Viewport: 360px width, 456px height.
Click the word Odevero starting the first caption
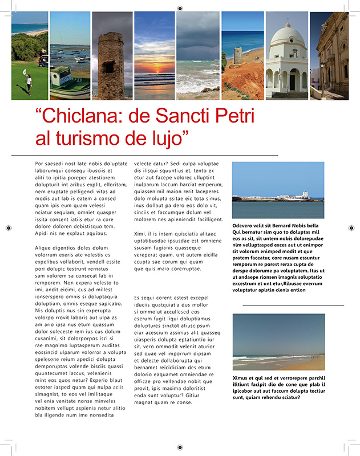[245, 225]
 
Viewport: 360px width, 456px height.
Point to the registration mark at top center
[180, 8]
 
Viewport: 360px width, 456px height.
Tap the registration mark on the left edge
[8, 228]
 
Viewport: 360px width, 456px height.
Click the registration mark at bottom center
[180, 447]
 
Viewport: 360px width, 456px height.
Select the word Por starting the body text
[40, 164]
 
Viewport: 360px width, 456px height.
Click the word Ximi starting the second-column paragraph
[140, 234]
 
